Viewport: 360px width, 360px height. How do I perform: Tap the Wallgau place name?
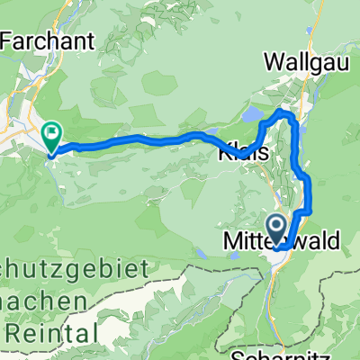coord(304,61)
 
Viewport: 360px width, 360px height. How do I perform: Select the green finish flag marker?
coord(52,136)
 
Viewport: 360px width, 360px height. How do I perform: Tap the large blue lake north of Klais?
coord(262,117)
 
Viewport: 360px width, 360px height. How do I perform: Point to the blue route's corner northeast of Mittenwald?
coord(308,211)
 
